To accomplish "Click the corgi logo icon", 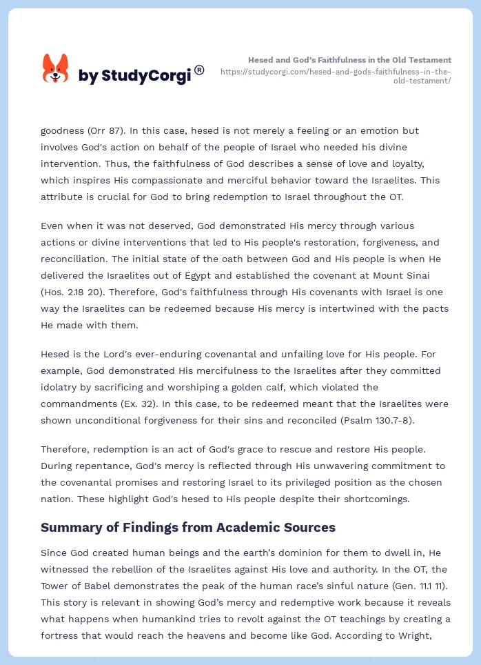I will tap(55, 69).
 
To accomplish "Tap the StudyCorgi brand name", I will tap(134, 76).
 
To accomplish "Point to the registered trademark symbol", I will tap(199, 70).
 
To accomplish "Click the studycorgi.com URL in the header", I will tap(336, 76).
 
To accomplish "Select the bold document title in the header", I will tap(349, 60).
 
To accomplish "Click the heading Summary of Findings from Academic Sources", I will tap(188, 527).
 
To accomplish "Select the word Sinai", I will tap(435, 275).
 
